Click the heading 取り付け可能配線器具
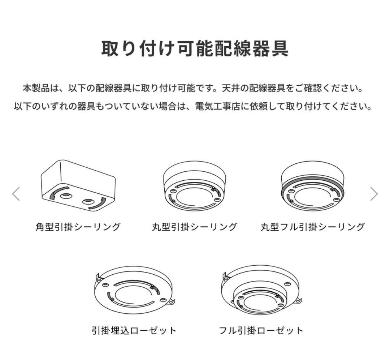(195, 48)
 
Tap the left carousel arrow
(16, 194)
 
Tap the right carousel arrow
(374, 194)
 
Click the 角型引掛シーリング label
(78, 227)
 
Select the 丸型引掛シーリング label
(195, 227)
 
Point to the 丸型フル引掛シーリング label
(312, 227)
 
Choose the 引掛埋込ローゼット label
(134, 330)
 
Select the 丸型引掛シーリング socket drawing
(195, 186)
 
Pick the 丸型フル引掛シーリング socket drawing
(312, 186)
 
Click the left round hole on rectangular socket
(66, 196)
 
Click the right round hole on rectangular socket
(88, 201)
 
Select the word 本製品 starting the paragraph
(35, 88)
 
